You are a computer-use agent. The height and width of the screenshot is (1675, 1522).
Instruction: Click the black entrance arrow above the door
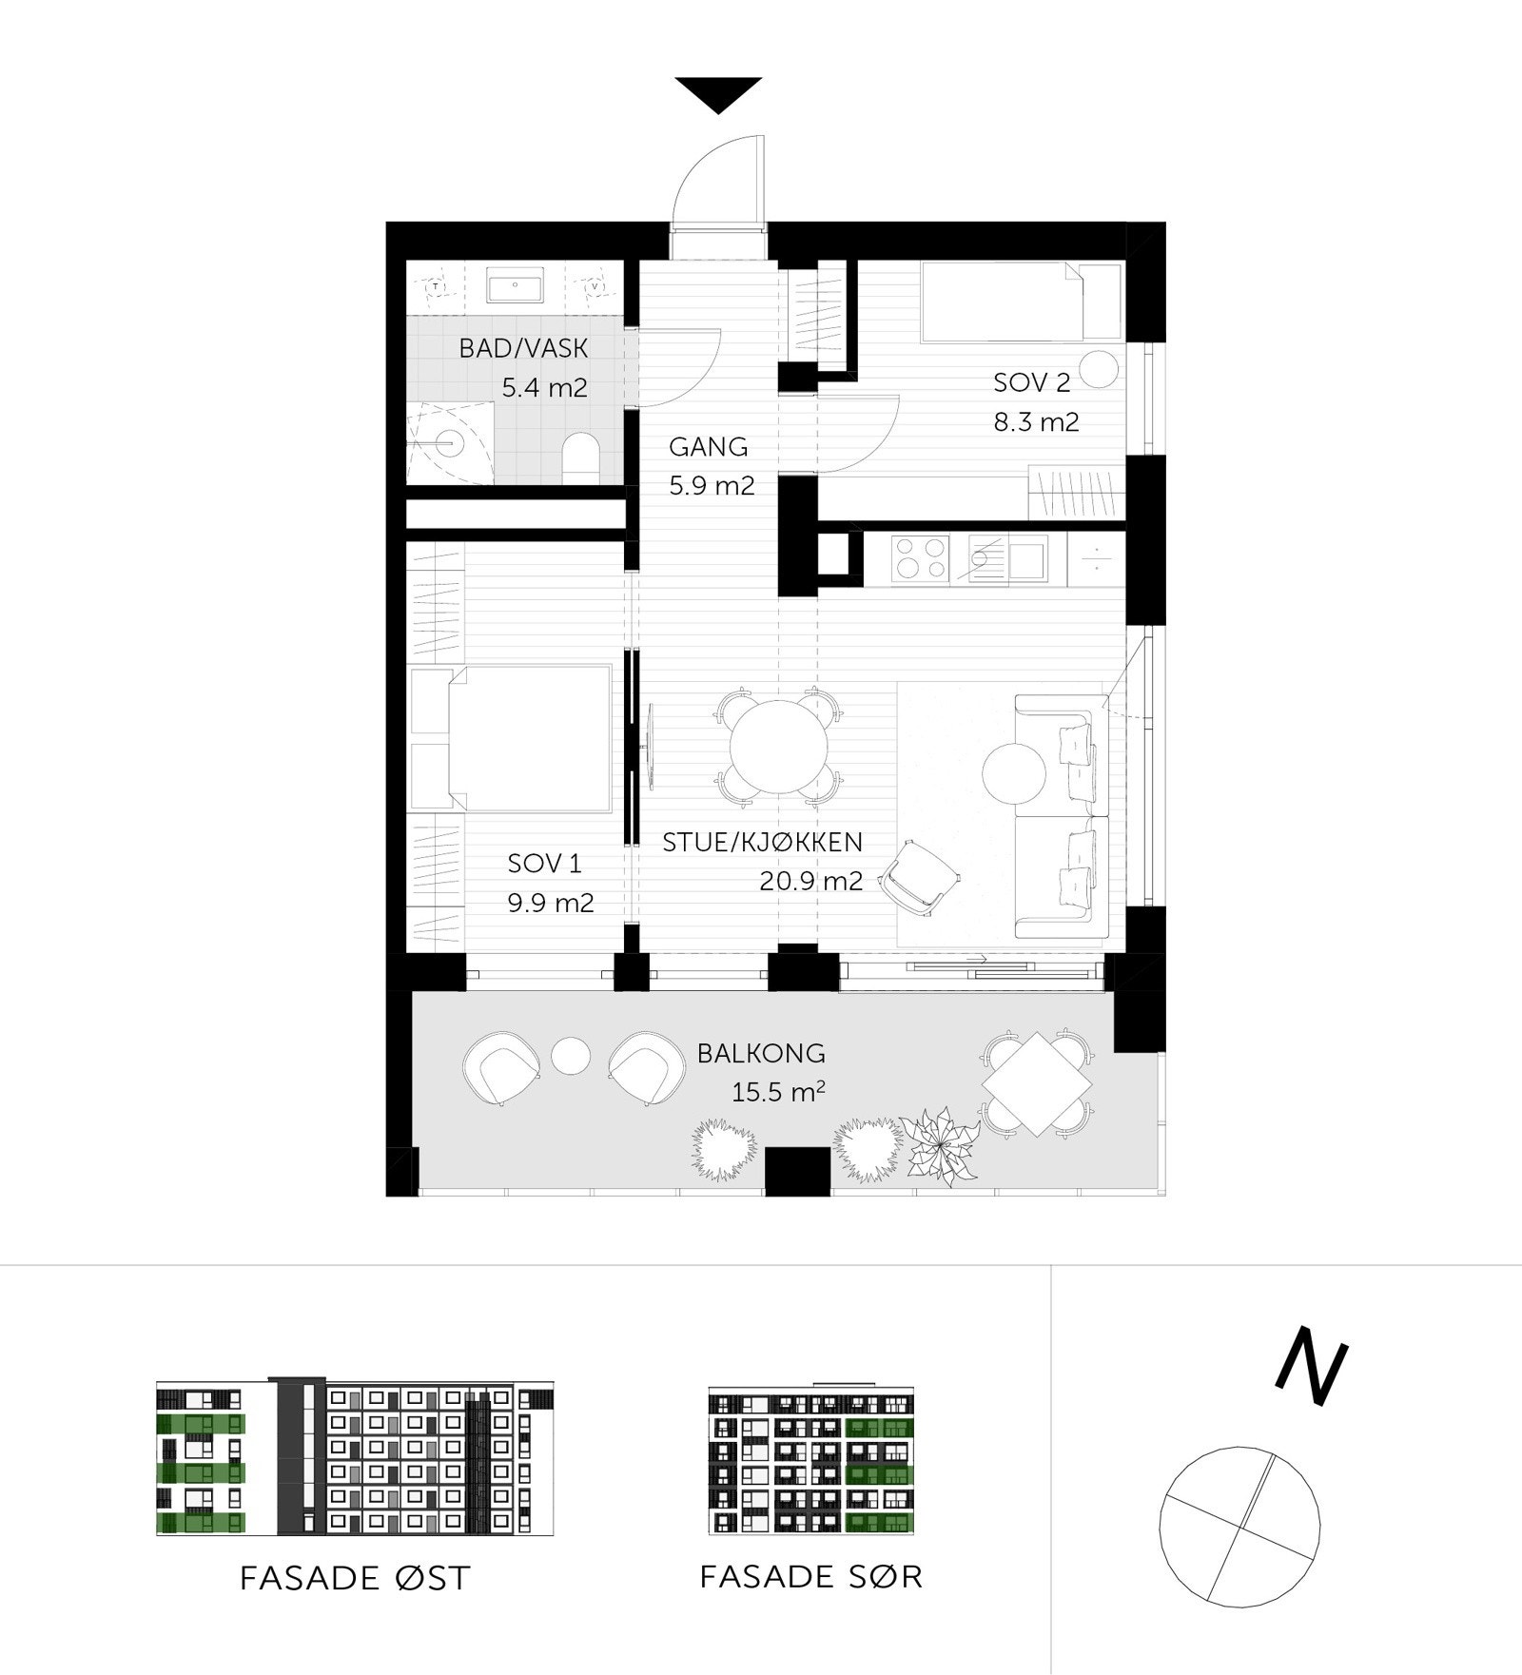718,93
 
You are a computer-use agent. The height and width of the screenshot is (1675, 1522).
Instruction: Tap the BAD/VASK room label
523,348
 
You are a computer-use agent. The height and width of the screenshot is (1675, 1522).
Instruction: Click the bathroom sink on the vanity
515,284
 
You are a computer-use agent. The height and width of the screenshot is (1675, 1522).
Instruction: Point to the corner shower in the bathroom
447,441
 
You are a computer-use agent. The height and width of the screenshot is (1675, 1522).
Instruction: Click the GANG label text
708,446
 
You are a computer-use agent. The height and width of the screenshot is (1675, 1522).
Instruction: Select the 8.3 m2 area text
1036,421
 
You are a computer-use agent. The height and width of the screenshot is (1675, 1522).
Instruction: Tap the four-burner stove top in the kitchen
920,558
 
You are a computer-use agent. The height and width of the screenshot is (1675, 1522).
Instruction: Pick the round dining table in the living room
778,746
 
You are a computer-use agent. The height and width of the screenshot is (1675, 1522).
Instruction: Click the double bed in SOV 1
529,739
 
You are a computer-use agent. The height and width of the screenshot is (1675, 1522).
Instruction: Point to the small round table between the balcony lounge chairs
571,1055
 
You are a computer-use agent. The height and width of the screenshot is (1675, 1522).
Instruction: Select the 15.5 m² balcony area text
777,1092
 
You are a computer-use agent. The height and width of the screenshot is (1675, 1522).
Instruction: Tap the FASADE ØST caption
355,1578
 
